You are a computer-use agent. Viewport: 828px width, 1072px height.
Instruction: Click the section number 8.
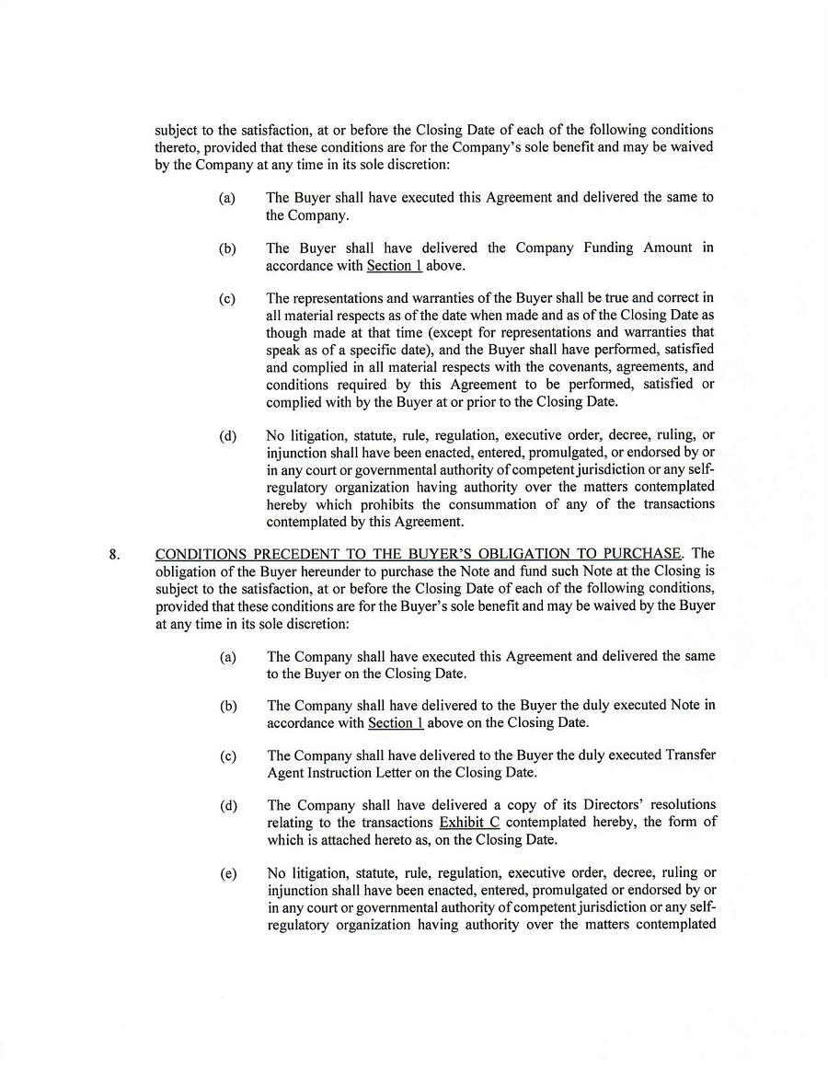pos(114,554)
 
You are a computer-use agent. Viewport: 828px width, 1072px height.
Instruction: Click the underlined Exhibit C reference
pos(469,822)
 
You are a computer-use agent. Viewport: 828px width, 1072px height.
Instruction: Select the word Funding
pos(611,248)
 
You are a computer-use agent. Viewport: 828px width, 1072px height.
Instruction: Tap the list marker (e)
pos(228,873)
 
